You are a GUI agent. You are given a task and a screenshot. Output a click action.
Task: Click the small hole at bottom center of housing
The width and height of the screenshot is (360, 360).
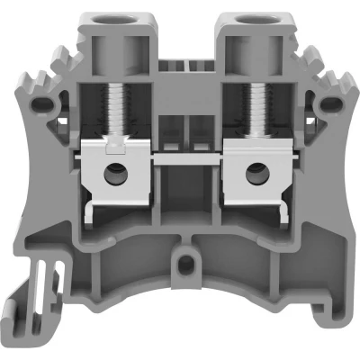(184, 265)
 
